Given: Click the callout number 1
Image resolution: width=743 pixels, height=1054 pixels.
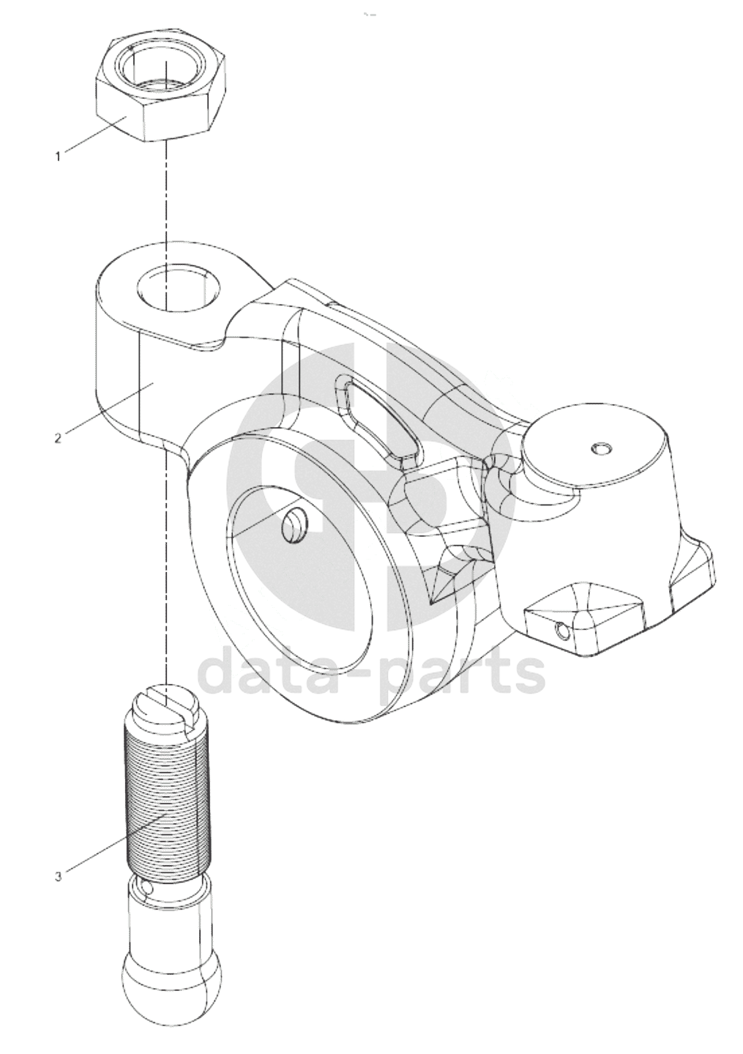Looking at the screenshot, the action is [59, 156].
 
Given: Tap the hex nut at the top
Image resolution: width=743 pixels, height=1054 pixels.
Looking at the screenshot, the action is [161, 89].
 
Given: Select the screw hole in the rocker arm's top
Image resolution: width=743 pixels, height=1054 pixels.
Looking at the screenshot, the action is [177, 286].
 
